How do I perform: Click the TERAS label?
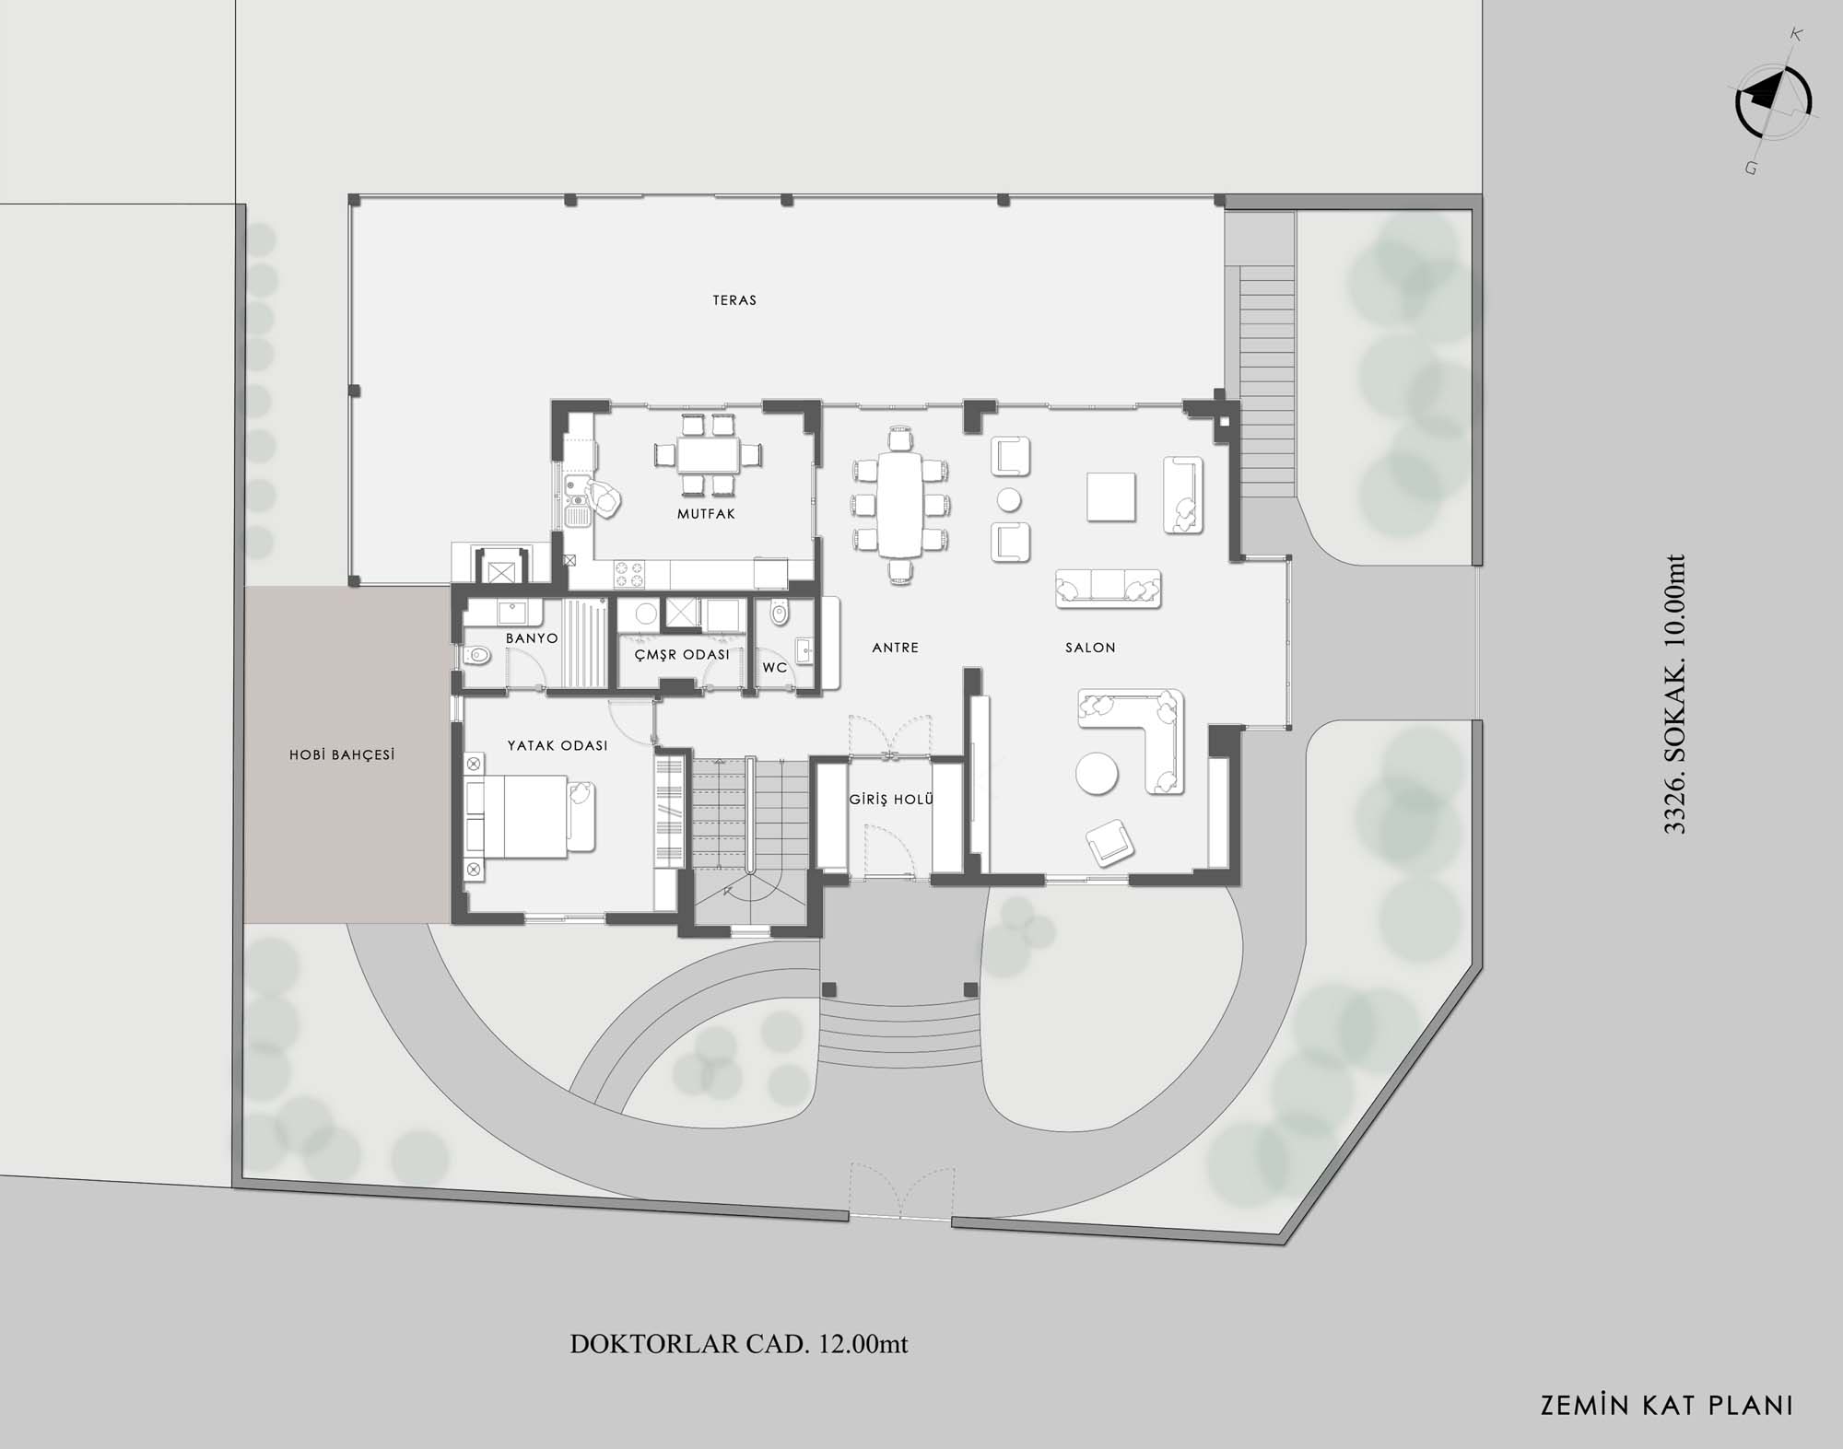pos(734,300)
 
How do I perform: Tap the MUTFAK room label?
pos(707,514)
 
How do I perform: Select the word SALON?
pos(1090,648)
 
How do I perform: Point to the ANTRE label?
pos(896,648)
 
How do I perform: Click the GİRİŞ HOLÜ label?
pos(892,799)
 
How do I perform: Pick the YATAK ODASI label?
pos(558,745)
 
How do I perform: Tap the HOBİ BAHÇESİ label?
pos(342,754)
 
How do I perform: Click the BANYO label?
pos(532,638)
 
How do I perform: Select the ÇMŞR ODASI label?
pos(682,654)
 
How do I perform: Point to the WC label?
pos(775,667)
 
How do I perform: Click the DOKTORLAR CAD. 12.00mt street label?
pos(739,1344)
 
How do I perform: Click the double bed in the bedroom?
pos(529,816)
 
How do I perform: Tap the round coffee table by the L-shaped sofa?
pos(1097,773)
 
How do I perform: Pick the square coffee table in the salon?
pos(1110,497)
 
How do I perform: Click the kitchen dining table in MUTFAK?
pos(708,454)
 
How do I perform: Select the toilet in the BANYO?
pos(477,656)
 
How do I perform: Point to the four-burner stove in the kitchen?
pos(630,575)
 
